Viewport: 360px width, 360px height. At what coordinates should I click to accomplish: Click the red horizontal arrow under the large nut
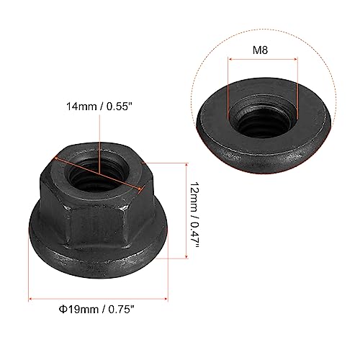click(101, 299)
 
